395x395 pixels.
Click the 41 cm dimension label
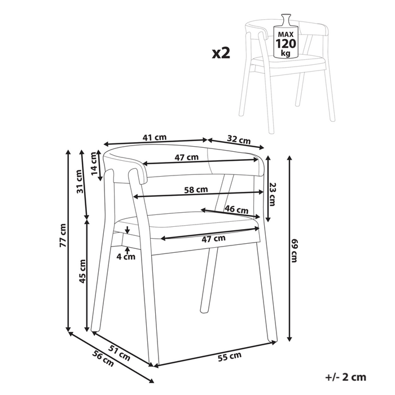pos(154,137)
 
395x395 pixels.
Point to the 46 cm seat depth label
pos(236,209)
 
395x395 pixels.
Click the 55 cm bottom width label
pos(230,355)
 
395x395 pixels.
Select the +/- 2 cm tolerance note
pos(346,377)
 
